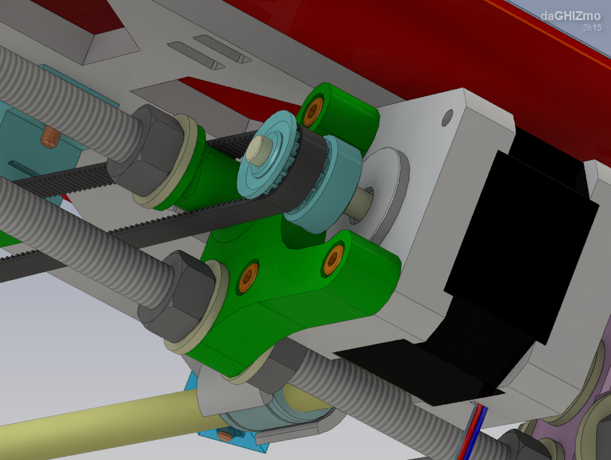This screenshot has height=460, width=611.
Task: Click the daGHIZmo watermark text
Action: tap(571, 16)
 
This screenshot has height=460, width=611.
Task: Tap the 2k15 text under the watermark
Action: tap(592, 27)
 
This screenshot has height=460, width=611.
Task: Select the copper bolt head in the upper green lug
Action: tap(313, 112)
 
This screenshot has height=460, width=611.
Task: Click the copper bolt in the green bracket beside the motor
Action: tap(333, 260)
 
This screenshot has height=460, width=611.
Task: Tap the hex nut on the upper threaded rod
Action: tap(146, 150)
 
